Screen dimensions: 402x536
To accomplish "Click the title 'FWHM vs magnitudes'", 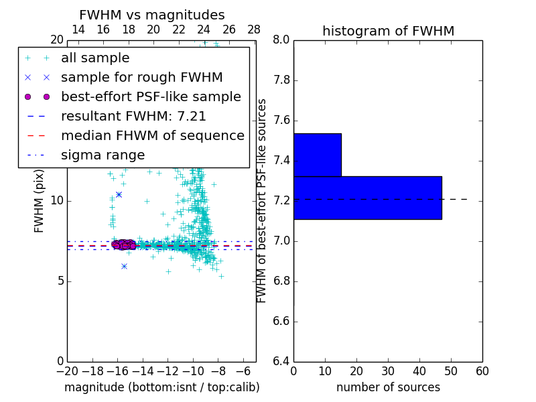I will pyautogui.click(x=152, y=15).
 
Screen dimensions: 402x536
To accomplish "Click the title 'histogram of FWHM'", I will pyautogui.click(x=388, y=31).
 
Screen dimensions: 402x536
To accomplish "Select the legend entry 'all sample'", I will pyautogui.click(x=95, y=58).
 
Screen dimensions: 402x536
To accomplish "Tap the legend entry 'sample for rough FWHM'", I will pyautogui.click(x=141, y=78).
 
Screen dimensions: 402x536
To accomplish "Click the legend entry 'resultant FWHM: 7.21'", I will pyautogui.click(x=133, y=117).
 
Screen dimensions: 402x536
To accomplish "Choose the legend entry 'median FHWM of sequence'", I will pyautogui.click(x=152, y=136).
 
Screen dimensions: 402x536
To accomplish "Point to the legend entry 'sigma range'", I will pyautogui.click(x=103, y=155).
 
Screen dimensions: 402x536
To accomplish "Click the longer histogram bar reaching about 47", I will pyautogui.click(x=367, y=198).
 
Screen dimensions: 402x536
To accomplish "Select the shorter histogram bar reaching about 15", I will pyautogui.click(x=317, y=155).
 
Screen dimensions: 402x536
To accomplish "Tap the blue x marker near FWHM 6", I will pyautogui.click(x=124, y=266).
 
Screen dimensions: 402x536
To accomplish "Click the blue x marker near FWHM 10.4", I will pyautogui.click(x=119, y=194).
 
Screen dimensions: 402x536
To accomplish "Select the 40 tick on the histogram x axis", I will pyautogui.click(x=419, y=371).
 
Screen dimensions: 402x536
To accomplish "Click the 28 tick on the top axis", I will pyautogui.click(x=254, y=29).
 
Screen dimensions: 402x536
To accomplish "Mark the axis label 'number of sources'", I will pyautogui.click(x=388, y=387).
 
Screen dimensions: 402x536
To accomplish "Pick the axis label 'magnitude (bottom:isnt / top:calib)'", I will pyautogui.click(x=161, y=387).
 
